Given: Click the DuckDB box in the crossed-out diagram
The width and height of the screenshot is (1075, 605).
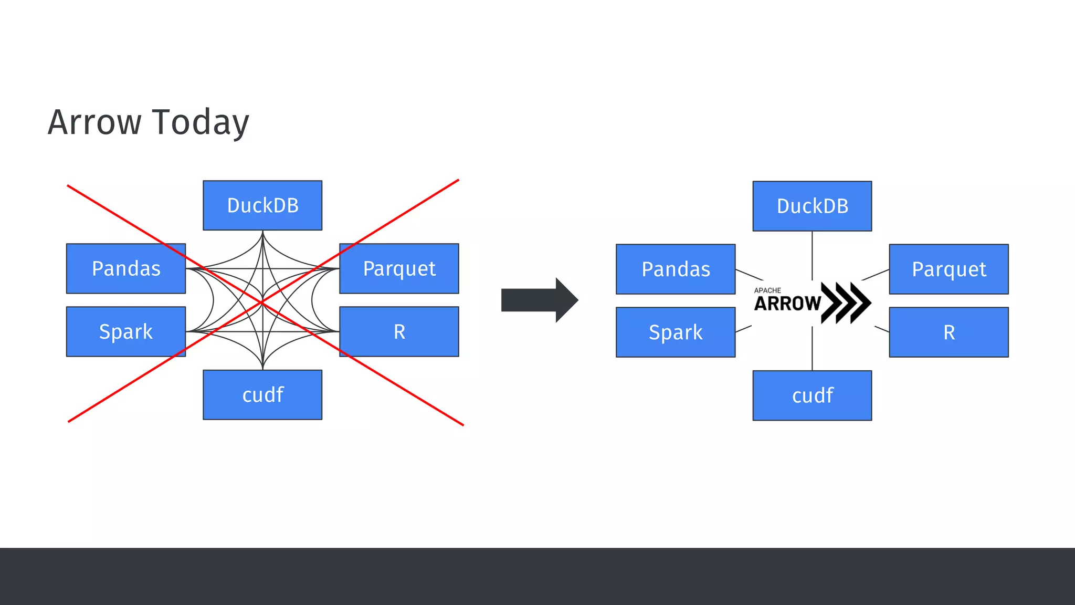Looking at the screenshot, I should click(x=262, y=205).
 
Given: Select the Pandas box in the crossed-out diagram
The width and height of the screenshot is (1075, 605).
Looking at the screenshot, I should click(x=126, y=268).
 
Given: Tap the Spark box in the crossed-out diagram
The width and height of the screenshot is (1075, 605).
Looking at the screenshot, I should click(x=126, y=331).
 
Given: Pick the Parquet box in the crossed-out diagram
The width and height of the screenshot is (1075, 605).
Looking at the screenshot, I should click(x=399, y=268).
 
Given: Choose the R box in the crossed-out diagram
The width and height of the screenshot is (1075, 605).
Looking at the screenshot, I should click(x=399, y=331).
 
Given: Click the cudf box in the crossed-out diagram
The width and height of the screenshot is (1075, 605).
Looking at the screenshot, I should click(x=262, y=394).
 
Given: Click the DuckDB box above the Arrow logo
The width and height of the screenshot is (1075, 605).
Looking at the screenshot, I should click(x=812, y=206).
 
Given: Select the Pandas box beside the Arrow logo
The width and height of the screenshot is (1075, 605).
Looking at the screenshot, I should click(x=676, y=269).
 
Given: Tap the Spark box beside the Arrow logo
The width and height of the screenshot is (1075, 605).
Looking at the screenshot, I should click(x=676, y=332).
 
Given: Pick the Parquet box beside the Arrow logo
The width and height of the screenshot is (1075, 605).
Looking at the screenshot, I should click(x=948, y=269).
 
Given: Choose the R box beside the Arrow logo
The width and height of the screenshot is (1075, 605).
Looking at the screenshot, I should click(x=948, y=332).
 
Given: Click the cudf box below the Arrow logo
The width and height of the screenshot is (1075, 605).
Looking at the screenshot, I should click(x=812, y=395).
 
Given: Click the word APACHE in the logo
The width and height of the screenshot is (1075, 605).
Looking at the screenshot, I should click(x=767, y=290).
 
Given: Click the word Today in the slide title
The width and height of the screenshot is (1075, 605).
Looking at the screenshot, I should click(x=201, y=122).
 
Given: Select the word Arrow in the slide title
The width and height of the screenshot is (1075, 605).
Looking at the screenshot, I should click(x=94, y=122).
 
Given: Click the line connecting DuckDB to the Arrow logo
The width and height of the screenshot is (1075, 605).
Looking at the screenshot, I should click(x=812, y=255).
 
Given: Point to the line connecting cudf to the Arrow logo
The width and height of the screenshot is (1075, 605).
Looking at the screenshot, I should click(x=812, y=348).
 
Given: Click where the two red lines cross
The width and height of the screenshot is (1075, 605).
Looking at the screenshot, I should click(x=262, y=303).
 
